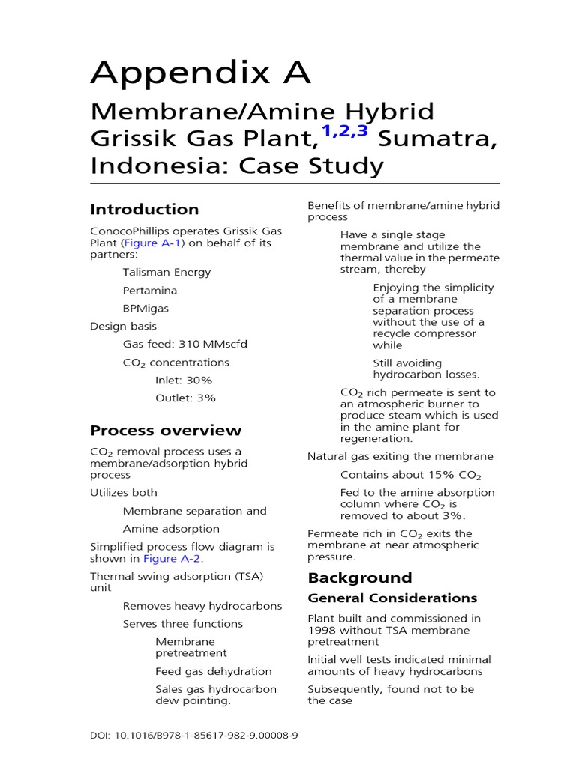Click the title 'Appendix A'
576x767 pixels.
200,73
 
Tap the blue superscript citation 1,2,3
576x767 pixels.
345,132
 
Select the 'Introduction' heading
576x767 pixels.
144,210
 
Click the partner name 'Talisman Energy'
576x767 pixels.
166,273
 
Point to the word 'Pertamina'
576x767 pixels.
150,291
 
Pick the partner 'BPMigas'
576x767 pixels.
145,309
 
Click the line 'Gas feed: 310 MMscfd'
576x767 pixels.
184,345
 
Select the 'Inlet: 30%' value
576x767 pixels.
184,381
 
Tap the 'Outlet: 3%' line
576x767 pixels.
185,398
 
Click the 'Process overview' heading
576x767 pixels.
166,431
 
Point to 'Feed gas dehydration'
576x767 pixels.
213,672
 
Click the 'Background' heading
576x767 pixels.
359,577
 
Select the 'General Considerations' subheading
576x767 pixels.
392,598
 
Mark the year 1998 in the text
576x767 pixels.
322,631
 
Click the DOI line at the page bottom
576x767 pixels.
193,736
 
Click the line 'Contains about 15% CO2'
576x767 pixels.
410,475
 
